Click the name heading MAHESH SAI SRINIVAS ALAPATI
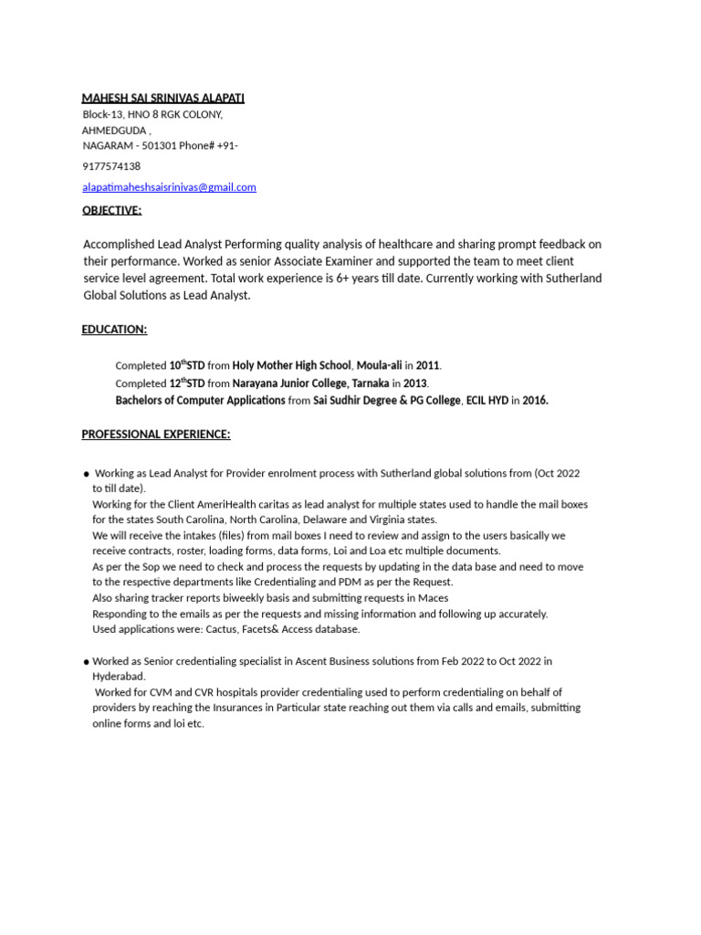[163, 98]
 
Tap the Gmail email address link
[169, 187]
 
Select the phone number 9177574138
[111, 166]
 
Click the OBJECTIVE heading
[111, 210]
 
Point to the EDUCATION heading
[114, 329]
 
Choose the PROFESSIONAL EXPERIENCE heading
[156, 434]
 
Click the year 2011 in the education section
[428, 365]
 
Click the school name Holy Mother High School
[291, 365]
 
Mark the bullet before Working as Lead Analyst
[86, 474]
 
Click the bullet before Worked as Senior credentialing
[86, 661]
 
